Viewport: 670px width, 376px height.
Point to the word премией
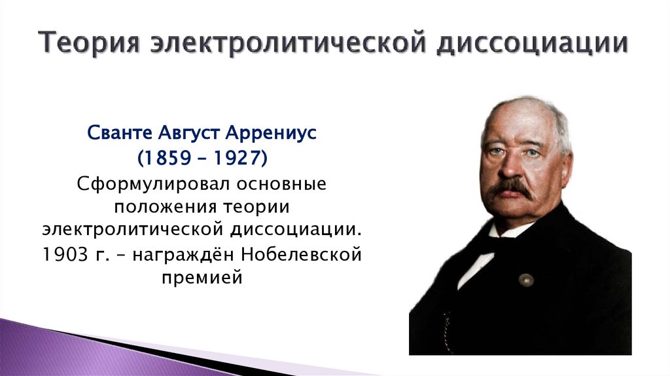click(202, 278)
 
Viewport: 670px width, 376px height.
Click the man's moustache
click(510, 189)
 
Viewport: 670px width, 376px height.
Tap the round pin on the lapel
click(525, 280)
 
